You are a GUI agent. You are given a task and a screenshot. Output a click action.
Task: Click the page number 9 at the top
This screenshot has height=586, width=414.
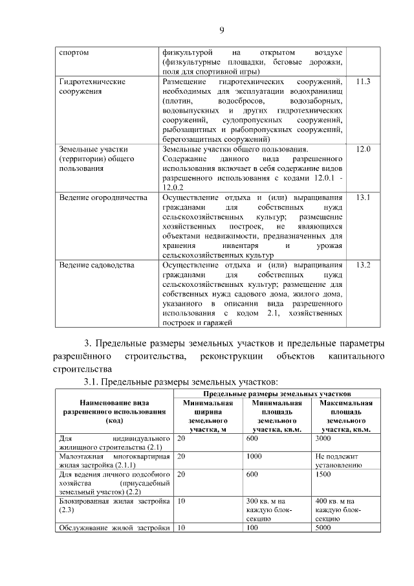[x=221, y=30]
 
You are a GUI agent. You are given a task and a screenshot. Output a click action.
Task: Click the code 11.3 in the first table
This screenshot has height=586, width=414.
[x=363, y=82]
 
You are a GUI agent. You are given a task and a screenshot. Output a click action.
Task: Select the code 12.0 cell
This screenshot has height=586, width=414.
[x=363, y=150]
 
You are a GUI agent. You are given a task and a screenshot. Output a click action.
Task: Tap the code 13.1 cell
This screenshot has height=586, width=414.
[x=363, y=197]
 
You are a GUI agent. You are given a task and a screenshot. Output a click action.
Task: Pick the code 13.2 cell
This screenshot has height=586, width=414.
[x=363, y=265]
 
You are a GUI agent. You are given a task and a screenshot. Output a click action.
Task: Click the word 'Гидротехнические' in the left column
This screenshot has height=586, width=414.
[x=92, y=82]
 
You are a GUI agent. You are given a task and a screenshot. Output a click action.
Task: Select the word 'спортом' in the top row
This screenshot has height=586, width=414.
[x=74, y=52]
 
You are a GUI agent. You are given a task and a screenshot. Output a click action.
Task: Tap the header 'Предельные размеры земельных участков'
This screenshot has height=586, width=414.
[x=277, y=393]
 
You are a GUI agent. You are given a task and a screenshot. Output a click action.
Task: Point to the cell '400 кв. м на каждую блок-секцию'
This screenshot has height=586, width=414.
[x=338, y=510]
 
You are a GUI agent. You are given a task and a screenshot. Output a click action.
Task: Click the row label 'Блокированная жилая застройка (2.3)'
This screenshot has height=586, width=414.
[x=114, y=505]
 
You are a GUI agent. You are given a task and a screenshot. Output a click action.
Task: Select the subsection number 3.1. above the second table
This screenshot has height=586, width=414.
[x=92, y=383]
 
